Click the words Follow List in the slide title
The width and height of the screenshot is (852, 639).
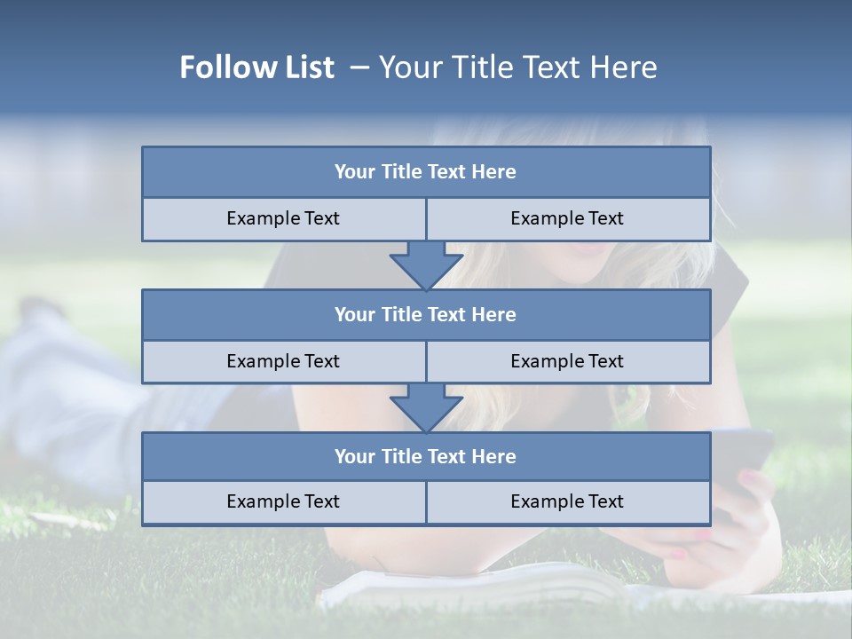[x=256, y=67]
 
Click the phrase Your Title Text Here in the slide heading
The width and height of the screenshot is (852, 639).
[x=517, y=67]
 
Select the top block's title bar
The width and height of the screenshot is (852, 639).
[x=426, y=172]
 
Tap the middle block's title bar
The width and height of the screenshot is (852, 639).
[x=426, y=314]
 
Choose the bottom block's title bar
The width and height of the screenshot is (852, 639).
[x=426, y=456]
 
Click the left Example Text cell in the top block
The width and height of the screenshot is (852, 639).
[x=283, y=218]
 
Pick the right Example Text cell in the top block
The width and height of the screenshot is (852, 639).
[x=567, y=218]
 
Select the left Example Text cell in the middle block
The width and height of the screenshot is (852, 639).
[x=283, y=361]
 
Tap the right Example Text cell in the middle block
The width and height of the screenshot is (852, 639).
[x=567, y=361]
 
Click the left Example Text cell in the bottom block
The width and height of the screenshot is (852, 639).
[x=283, y=501]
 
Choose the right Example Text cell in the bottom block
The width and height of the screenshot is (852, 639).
[x=567, y=501]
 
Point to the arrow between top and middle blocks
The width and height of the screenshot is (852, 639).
[x=426, y=264]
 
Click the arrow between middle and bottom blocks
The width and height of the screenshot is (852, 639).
[x=426, y=407]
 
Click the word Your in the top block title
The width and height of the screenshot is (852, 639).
[x=355, y=172]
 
